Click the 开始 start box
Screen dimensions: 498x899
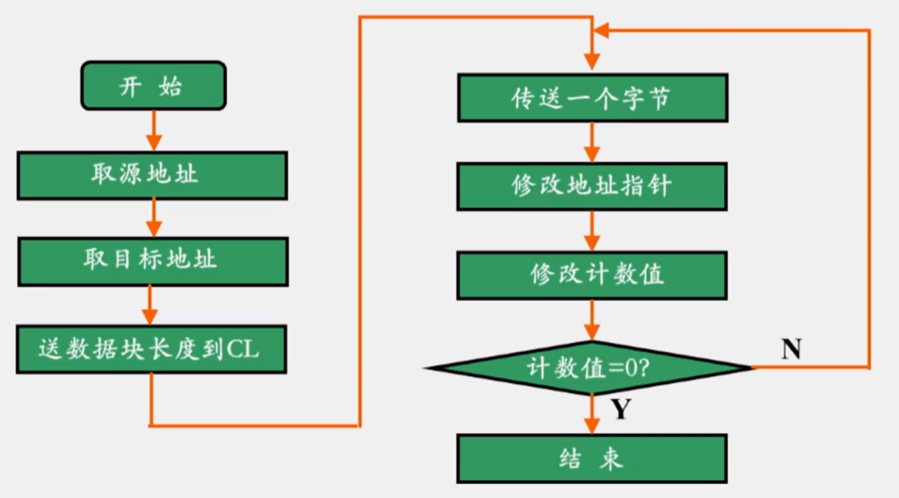(x=153, y=86)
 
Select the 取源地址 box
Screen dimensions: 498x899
(x=152, y=175)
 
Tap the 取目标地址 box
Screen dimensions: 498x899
(x=152, y=261)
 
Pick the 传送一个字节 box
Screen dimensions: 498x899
(x=592, y=98)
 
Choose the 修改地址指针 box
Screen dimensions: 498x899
(x=592, y=186)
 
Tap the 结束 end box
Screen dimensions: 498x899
(x=592, y=458)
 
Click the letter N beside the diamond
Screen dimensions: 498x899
(x=790, y=349)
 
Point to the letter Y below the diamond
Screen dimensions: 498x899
(x=621, y=410)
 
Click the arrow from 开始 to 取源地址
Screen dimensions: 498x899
(x=154, y=131)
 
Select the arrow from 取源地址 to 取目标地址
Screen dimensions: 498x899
(x=154, y=219)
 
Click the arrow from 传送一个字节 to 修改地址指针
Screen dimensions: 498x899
(x=592, y=143)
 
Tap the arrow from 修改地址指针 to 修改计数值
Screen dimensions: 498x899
(x=592, y=231)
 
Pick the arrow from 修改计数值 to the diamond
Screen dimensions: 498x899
(x=592, y=321)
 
